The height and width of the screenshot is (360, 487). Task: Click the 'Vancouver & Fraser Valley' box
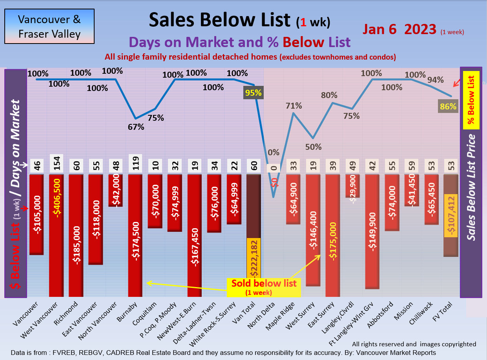pos(49,26)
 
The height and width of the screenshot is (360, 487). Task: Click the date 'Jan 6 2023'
pos(399,29)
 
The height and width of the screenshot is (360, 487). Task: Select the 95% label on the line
pos(253,93)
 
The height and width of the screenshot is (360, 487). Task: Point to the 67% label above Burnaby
pos(136,127)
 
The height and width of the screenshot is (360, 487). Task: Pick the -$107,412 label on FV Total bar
pos(451,215)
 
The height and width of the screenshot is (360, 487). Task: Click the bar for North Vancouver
pos(116,190)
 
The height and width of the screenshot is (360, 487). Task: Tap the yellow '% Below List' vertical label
pos(471,100)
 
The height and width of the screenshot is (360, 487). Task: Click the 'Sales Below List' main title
pos(220,20)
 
